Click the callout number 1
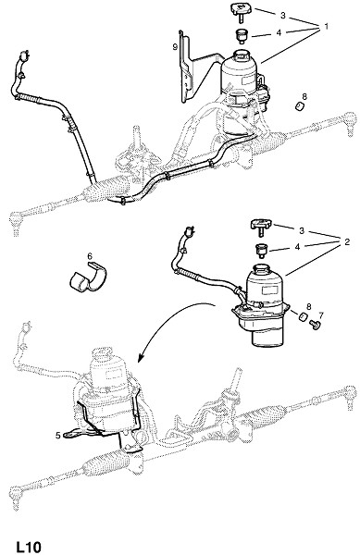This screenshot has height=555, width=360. [x=326, y=26]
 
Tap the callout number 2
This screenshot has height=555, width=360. [x=347, y=242]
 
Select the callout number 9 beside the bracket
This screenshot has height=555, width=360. [x=175, y=47]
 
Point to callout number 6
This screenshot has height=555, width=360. [x=90, y=255]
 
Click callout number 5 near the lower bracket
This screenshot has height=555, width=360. [x=58, y=436]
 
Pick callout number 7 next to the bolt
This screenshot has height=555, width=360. [x=321, y=314]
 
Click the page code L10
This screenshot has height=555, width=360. [x=29, y=547]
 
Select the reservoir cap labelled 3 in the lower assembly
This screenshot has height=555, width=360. [x=261, y=227]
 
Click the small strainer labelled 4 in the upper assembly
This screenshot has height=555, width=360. [x=242, y=36]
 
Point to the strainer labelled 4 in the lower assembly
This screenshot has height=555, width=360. [x=262, y=252]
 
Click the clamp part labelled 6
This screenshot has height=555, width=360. [x=88, y=278]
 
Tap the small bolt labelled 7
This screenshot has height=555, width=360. [x=314, y=325]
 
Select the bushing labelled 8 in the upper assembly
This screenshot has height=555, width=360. [x=301, y=106]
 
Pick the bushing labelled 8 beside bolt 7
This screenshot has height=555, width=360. [x=303, y=317]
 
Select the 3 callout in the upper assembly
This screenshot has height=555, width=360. [x=283, y=16]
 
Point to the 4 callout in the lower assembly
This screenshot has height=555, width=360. [x=297, y=247]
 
